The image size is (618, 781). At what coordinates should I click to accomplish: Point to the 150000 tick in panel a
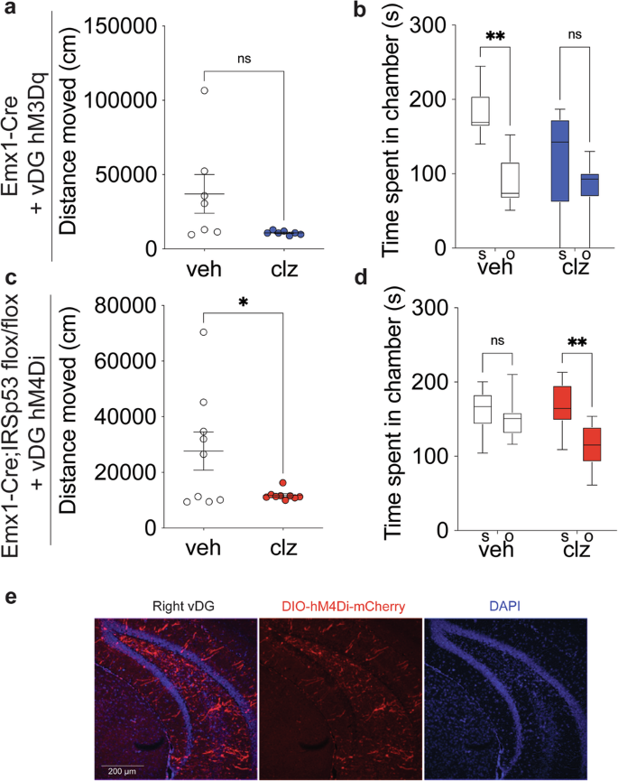point(125,26)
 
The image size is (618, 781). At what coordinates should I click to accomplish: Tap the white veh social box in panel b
point(480,111)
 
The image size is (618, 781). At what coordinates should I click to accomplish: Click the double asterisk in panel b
point(494,37)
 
